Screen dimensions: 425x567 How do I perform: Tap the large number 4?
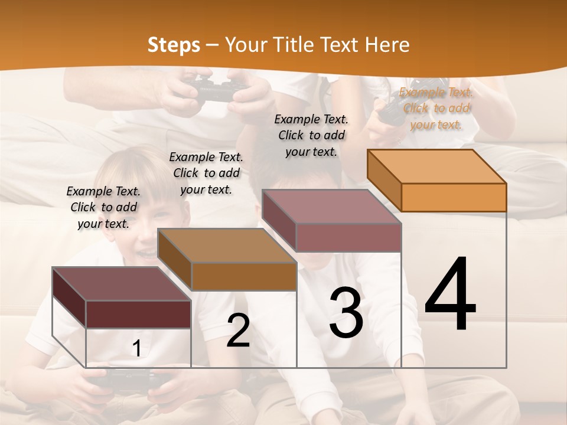click(x=450, y=295)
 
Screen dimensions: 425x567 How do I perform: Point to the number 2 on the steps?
click(x=238, y=331)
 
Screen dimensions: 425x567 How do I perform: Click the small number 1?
click(x=136, y=349)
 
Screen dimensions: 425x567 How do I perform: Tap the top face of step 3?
click(x=331, y=206)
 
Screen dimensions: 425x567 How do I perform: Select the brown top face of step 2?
click(x=227, y=245)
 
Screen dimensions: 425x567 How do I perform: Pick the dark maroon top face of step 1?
click(x=122, y=284)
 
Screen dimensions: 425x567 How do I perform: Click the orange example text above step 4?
click(x=436, y=108)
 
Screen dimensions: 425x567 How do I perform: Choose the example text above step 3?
click(x=311, y=135)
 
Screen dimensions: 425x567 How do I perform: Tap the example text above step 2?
click(x=206, y=173)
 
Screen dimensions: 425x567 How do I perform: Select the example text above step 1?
click(x=103, y=207)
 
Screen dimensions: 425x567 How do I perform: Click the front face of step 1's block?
click(x=138, y=314)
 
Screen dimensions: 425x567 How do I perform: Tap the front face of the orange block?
click(x=454, y=197)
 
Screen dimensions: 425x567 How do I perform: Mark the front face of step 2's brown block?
click(x=243, y=276)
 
